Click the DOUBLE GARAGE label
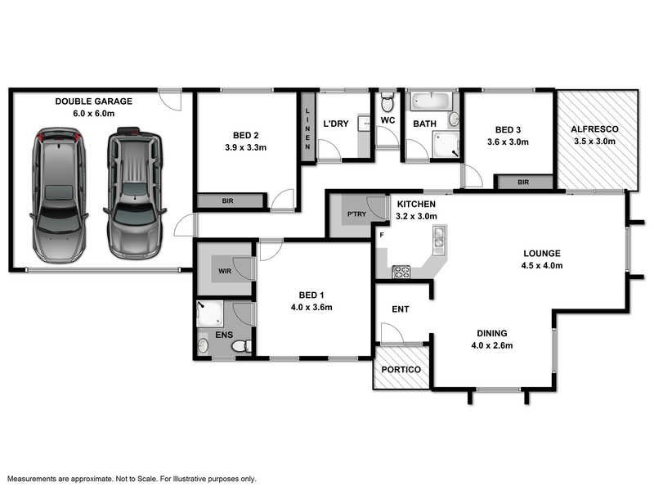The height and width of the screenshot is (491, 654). pyautogui.click(x=93, y=101)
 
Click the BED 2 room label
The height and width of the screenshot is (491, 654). pyautogui.click(x=245, y=135)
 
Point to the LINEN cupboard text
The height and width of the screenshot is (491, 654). pyautogui.click(x=307, y=131)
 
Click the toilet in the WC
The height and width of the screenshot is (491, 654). pyautogui.click(x=387, y=104)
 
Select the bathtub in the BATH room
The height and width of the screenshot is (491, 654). pyautogui.click(x=430, y=102)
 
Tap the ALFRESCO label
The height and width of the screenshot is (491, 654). pyautogui.click(x=594, y=129)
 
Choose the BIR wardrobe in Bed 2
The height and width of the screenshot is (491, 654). pyautogui.click(x=228, y=200)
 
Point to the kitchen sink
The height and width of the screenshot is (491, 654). pyautogui.click(x=439, y=237)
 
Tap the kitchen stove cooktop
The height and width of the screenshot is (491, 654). pyautogui.click(x=401, y=272)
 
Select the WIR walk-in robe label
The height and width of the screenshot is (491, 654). pyautogui.click(x=223, y=270)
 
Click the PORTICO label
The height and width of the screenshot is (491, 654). pyautogui.click(x=401, y=370)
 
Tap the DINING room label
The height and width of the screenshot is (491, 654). pyautogui.click(x=493, y=333)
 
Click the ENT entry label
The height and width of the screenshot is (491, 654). pyautogui.click(x=401, y=309)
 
